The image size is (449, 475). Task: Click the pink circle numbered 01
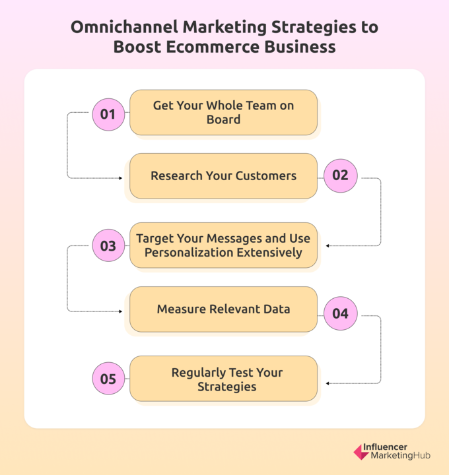108,115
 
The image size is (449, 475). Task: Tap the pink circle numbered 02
341,175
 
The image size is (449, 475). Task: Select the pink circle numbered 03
108,245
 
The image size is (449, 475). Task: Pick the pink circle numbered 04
341,313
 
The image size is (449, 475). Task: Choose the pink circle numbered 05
108,379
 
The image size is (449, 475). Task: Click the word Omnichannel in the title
124,27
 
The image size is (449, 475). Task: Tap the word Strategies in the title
314,28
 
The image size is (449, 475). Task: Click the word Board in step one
223,119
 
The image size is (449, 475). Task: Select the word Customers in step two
266,175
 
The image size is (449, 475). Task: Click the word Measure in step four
181,309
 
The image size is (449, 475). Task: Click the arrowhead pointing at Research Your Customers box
121,178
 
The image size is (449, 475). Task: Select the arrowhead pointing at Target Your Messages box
328,245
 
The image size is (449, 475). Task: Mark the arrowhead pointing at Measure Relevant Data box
121,311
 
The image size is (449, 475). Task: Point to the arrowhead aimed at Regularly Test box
328,383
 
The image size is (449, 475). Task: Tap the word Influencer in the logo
385,447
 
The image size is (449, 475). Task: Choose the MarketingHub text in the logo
401,455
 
